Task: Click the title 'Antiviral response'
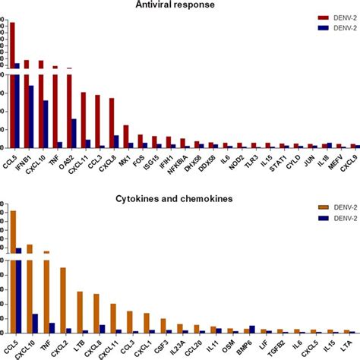(180, 5)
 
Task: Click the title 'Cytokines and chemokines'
(179, 199)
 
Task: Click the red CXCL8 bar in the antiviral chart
(112, 122)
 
